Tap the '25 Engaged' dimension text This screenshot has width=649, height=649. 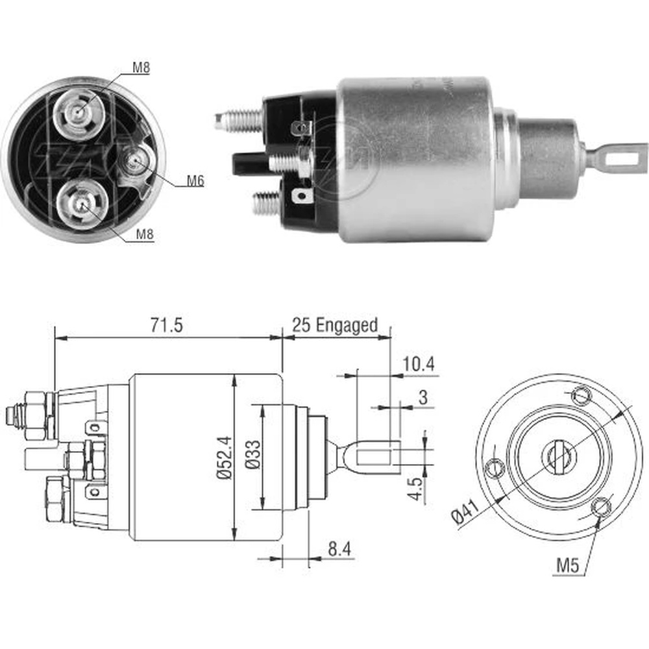pyautogui.click(x=334, y=324)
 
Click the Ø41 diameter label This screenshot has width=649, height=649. pyautogui.click(x=465, y=514)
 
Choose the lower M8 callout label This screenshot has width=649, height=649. pyautogui.click(x=144, y=236)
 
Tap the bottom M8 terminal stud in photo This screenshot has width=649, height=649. pyautogui.click(x=80, y=202)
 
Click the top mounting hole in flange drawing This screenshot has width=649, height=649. pyautogui.click(x=581, y=394)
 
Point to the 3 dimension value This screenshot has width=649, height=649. pyautogui.click(x=422, y=398)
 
